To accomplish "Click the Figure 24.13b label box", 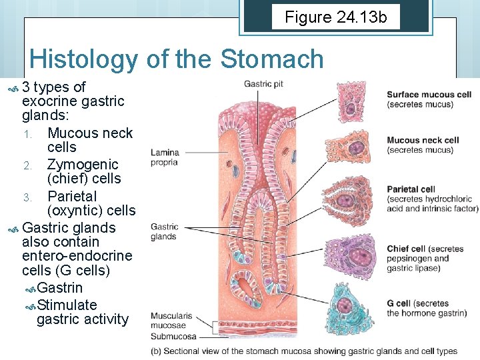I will pyautogui.click(x=335, y=17).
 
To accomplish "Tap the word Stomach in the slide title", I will pyautogui.click(x=271, y=59).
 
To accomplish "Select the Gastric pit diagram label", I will pyautogui.click(x=264, y=84).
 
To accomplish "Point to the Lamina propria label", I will pyautogui.click(x=164, y=157).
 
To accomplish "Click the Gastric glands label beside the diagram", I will pyautogui.click(x=164, y=231).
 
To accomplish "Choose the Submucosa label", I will pyautogui.click(x=173, y=337).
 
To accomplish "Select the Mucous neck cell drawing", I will pyautogui.click(x=354, y=147).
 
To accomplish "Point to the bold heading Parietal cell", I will pyautogui.click(x=411, y=189).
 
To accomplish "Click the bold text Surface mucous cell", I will pyautogui.click(x=429, y=94).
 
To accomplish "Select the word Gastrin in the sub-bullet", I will pyautogui.click(x=60, y=288).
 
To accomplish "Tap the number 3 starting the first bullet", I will pyautogui.click(x=26, y=87).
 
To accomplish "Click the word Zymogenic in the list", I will pyautogui.click(x=83, y=164).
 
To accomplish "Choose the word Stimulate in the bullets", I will pyautogui.click(x=67, y=305).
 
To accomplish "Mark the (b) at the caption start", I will pyautogui.click(x=157, y=351).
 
